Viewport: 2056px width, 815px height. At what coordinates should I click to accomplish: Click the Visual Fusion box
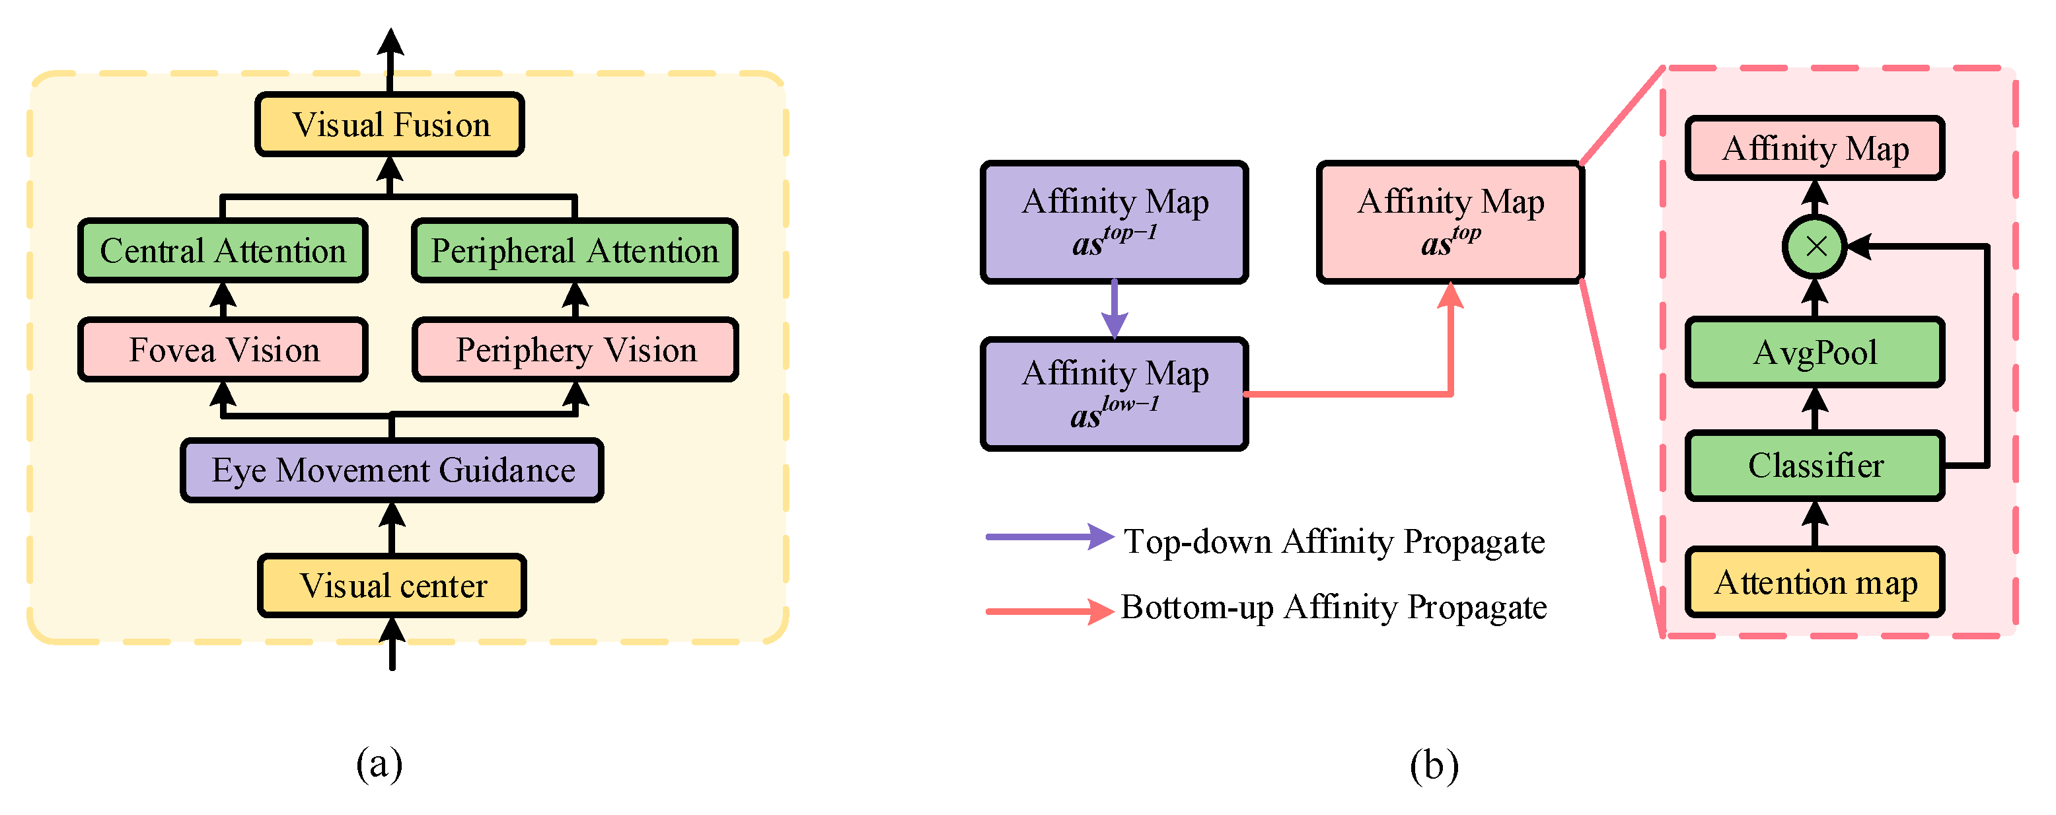390,125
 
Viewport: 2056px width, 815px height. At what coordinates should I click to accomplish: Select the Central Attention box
223,251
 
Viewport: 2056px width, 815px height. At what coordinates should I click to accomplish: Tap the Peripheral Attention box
575,251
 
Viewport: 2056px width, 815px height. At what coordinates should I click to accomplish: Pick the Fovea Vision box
223,349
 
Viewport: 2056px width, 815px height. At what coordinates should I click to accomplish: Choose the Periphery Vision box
575,349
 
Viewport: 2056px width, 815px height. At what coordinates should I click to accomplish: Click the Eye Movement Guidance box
392,470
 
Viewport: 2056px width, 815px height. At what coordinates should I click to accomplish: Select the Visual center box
392,585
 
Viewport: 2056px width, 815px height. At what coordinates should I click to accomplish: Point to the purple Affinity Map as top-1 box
1114,222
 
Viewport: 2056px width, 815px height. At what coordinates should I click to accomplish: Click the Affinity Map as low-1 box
1114,394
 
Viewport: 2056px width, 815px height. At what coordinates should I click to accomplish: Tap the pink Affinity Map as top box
1450,222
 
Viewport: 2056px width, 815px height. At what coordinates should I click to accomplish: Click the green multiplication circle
1815,246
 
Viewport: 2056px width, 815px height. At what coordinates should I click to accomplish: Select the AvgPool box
1815,352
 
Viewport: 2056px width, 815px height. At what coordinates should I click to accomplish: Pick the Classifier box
1815,466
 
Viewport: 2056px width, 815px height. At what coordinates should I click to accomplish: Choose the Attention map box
1815,582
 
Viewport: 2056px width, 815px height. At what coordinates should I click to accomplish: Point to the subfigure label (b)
1434,765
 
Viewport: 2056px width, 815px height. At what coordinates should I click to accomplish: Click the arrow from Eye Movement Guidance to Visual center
392,528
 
